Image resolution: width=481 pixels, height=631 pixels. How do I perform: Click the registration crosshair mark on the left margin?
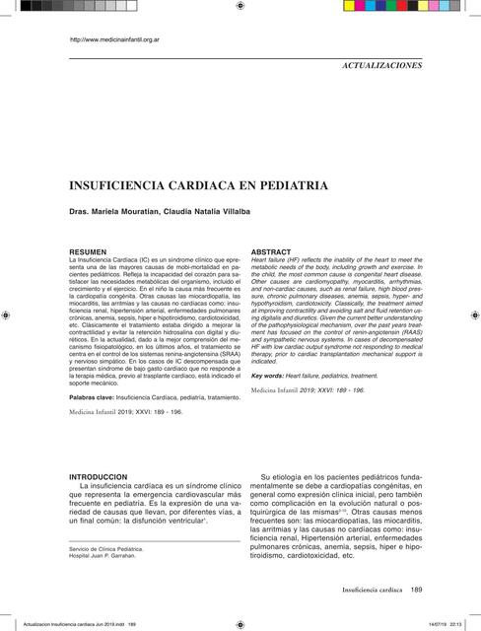tap(8, 316)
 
